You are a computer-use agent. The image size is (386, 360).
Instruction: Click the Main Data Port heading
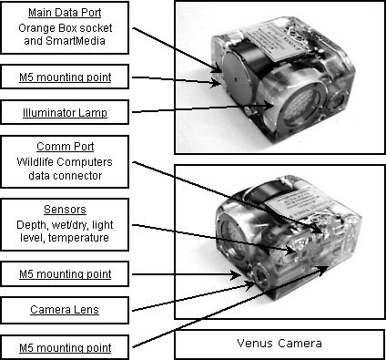pos(65,13)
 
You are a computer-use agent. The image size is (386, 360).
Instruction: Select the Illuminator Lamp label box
pos(65,112)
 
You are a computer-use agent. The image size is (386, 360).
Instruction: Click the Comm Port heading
pos(65,147)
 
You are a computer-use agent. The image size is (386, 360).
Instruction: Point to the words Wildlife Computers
pos(65,162)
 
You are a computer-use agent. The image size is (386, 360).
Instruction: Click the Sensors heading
pos(65,210)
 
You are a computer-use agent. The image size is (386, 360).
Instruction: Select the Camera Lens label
pos(65,310)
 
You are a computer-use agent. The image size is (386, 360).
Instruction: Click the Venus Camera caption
pos(279,344)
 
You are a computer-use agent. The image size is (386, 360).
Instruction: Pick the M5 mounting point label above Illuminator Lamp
pos(65,77)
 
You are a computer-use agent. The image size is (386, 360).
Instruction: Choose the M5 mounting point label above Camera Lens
pos(65,274)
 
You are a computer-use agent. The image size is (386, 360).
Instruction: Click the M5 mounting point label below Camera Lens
pos(65,347)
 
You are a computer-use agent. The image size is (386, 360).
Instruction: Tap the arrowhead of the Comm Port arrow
pos(318,231)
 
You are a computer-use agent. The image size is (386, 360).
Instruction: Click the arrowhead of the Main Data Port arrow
pos(218,70)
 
